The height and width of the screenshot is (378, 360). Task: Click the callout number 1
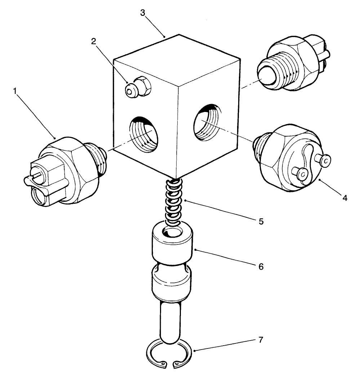(x=15, y=91)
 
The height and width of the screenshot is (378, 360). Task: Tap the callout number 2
(x=94, y=41)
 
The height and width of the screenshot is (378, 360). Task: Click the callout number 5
(x=261, y=221)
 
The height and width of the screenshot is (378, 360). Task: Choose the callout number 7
(x=261, y=340)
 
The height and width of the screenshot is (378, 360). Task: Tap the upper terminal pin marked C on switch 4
(x=325, y=160)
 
